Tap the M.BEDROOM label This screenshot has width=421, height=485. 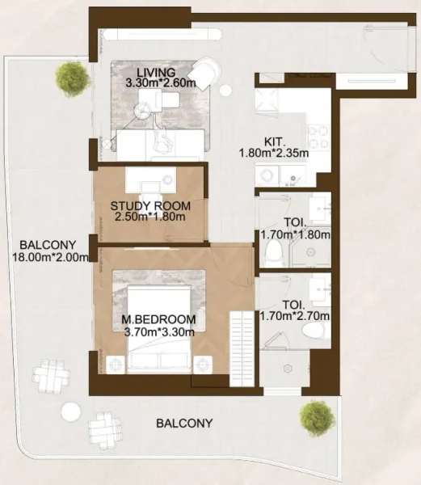[x=158, y=318]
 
